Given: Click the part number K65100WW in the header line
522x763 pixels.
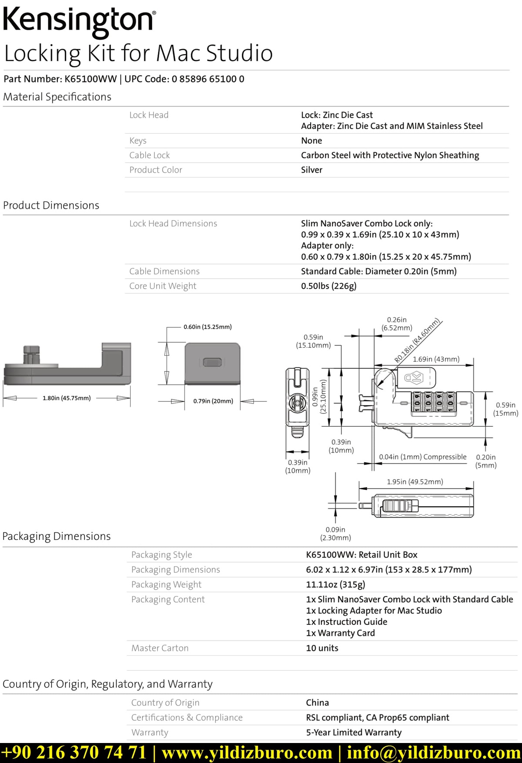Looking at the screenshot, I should pyautogui.click(x=90, y=79).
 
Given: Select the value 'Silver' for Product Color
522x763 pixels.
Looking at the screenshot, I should pyautogui.click(x=311, y=170).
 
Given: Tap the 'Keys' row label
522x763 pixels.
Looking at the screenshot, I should pyautogui.click(x=138, y=141).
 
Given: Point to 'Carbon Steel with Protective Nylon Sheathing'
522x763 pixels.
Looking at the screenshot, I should pyautogui.click(x=390, y=155).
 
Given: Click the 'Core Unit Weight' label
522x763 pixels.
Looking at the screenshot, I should pyautogui.click(x=163, y=286).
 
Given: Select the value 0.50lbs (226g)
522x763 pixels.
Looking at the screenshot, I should pyautogui.click(x=328, y=286).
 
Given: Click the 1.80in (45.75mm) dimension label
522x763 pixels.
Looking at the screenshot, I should pyautogui.click(x=67, y=398).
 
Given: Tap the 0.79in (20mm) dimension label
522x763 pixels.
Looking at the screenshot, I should pyautogui.click(x=213, y=401).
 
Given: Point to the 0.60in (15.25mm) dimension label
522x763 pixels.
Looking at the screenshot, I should pyautogui.click(x=207, y=327).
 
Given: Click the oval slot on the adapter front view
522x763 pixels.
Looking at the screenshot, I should pyautogui.click(x=213, y=362).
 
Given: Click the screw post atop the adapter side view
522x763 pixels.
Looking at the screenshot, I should pyautogui.click(x=31, y=354).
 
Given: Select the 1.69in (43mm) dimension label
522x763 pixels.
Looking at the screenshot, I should pyautogui.click(x=436, y=359).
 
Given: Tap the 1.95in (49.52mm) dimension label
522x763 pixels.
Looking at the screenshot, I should pyautogui.click(x=415, y=482).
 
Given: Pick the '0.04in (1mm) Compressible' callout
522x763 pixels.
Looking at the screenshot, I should pyautogui.click(x=422, y=457).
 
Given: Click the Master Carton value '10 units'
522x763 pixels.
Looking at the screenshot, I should pyautogui.click(x=322, y=648).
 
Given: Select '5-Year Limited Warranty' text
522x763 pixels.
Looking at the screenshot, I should pyautogui.click(x=354, y=733).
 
